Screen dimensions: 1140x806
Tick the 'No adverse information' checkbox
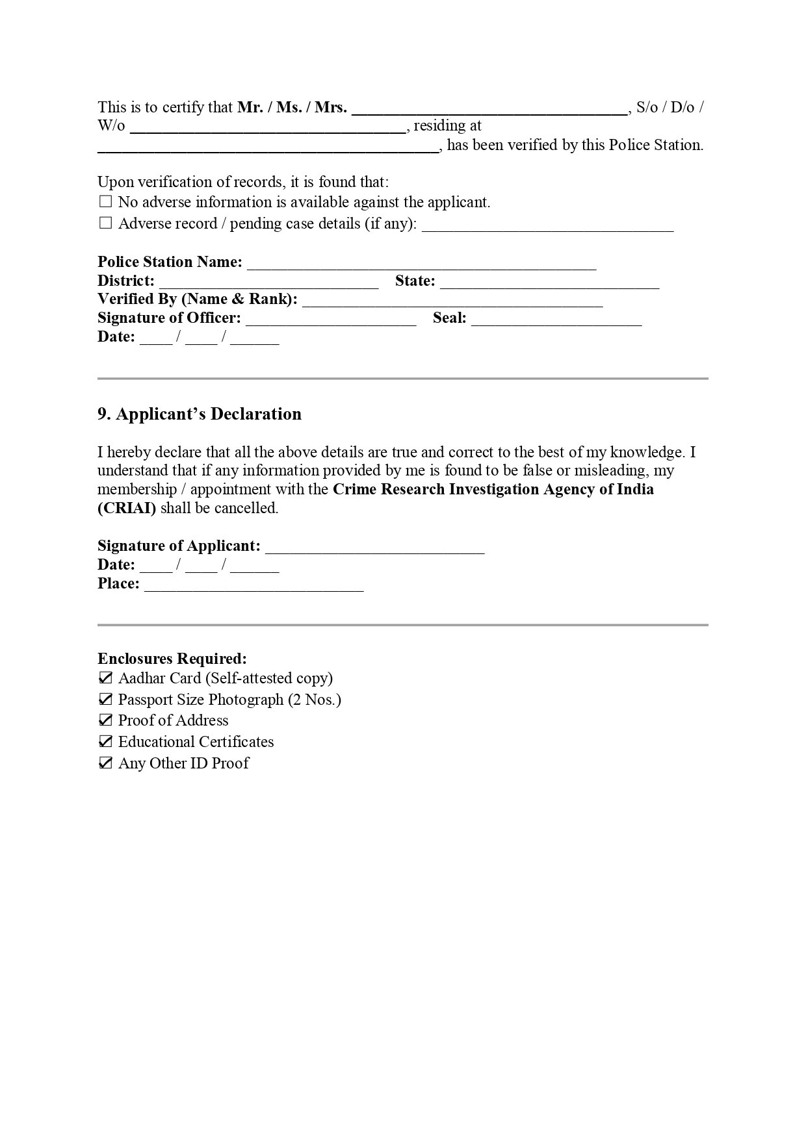[x=105, y=202]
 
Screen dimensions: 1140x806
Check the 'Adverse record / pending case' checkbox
[x=105, y=223]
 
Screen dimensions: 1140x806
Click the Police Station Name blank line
[x=421, y=263]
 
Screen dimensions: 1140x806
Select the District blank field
[x=268, y=282]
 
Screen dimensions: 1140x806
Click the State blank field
[x=549, y=282]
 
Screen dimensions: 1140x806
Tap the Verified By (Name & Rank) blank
[x=452, y=300]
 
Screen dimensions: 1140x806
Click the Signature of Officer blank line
[x=331, y=319]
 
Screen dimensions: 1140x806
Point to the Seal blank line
[x=556, y=319]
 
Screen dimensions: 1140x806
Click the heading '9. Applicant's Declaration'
[x=200, y=414]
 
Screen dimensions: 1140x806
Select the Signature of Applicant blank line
[x=375, y=547]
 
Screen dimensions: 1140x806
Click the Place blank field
[x=253, y=585]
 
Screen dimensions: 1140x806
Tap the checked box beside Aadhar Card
[x=105, y=678]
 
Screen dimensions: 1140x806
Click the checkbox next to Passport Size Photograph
[x=105, y=700]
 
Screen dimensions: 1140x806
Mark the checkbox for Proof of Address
[x=105, y=720]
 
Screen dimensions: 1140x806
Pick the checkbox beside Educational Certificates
[x=105, y=742]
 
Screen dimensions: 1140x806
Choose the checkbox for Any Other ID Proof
[x=105, y=763]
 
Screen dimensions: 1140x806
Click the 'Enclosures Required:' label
[x=172, y=659]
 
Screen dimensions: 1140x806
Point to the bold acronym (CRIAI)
[x=127, y=508]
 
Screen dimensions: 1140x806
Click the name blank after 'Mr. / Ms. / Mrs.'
[x=489, y=109]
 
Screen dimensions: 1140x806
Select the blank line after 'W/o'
[x=268, y=127]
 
